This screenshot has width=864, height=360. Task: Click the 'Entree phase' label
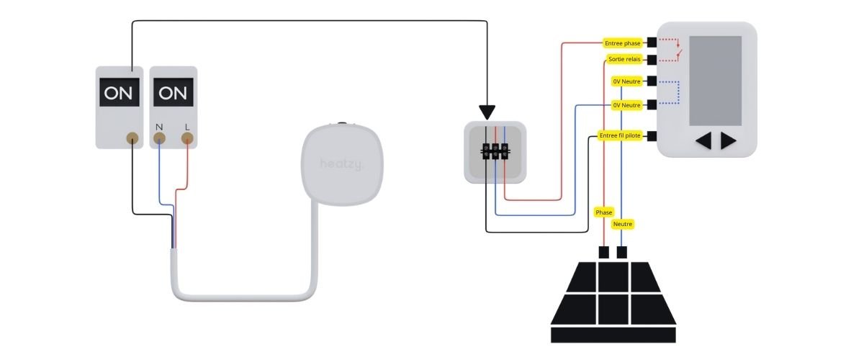(x=623, y=43)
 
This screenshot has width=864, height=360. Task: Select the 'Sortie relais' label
(x=623, y=59)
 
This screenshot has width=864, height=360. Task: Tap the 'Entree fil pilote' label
(x=620, y=135)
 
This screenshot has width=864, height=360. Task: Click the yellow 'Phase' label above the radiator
(x=603, y=212)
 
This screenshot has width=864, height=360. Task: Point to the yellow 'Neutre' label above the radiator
(x=623, y=225)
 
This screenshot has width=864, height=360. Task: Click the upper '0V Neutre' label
(x=626, y=81)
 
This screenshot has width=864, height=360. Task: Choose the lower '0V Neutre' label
(x=626, y=105)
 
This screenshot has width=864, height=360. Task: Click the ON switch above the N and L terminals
(x=173, y=93)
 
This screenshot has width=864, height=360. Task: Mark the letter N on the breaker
(x=160, y=127)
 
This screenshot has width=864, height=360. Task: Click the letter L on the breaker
(x=187, y=127)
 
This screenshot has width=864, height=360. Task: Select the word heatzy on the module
(x=342, y=165)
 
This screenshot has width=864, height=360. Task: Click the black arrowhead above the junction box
(x=487, y=112)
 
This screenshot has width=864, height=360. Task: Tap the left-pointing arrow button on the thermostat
(x=703, y=141)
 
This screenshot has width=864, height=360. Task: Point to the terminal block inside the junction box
(x=495, y=151)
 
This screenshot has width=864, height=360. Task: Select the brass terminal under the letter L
(x=187, y=140)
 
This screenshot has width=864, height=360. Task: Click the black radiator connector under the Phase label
(x=604, y=252)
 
